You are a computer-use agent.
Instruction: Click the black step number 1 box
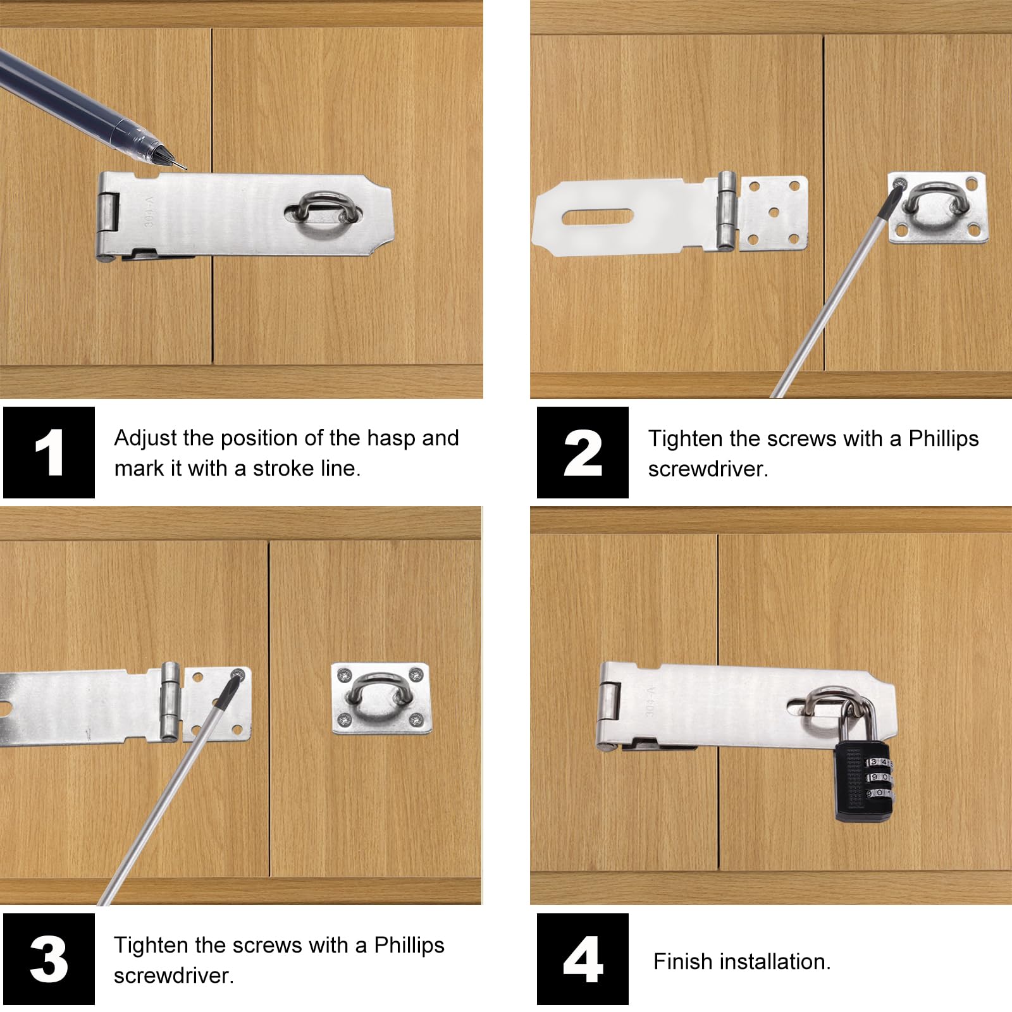pos(49,452)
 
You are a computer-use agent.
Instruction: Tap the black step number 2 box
pos(583,452)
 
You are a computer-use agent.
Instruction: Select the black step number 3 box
pos(49,959)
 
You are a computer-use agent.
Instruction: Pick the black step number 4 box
pos(583,959)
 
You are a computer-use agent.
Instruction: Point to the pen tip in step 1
pos(184,168)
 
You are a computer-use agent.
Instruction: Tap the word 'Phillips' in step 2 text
pos(944,439)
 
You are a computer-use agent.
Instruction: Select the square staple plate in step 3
pos(382,698)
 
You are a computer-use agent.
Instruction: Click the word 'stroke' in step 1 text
pos(285,469)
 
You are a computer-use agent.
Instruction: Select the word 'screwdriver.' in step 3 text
pos(174,976)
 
